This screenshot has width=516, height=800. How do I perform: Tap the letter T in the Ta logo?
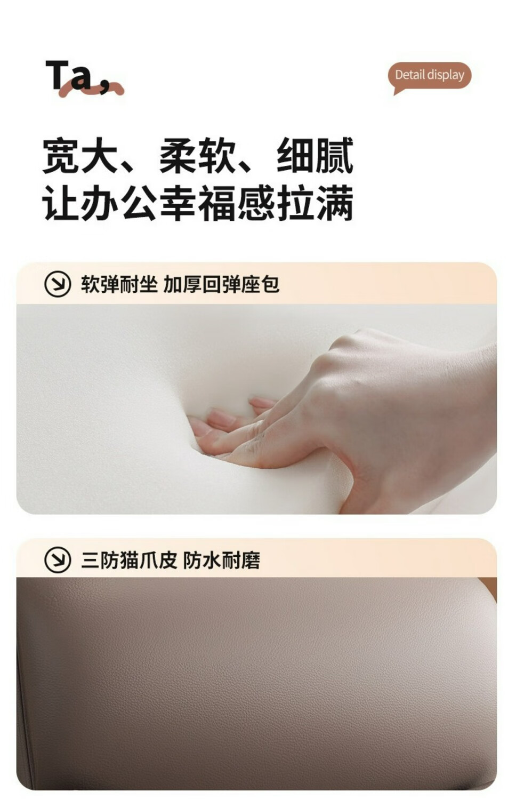pyautogui.click(x=57, y=75)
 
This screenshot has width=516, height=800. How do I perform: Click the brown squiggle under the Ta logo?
pyautogui.click(x=91, y=89)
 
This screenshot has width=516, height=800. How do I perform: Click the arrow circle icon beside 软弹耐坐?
pyautogui.click(x=58, y=284)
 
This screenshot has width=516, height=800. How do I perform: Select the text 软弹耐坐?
pyautogui.click(x=119, y=285)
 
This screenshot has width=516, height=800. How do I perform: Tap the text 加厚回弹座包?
pyautogui.click(x=222, y=285)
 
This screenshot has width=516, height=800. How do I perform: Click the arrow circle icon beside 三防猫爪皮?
pyautogui.click(x=58, y=560)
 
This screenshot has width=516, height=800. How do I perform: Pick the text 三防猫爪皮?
pyautogui.click(x=129, y=561)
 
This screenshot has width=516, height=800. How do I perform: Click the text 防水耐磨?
pyautogui.click(x=222, y=561)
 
